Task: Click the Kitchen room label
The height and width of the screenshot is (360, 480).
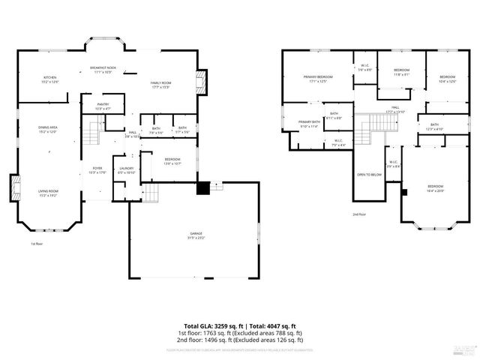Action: click(x=49, y=79)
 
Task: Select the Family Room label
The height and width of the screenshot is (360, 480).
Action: click(x=160, y=84)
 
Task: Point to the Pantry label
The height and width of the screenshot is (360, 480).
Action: click(x=103, y=106)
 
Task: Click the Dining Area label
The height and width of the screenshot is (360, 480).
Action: click(x=49, y=129)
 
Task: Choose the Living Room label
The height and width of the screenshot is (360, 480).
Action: click(x=48, y=193)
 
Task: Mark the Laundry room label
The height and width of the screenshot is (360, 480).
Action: click(x=126, y=170)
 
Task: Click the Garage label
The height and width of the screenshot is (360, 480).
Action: click(x=196, y=236)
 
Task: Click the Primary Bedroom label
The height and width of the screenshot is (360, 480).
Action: click(x=318, y=79)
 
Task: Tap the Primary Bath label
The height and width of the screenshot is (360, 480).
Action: click(x=309, y=124)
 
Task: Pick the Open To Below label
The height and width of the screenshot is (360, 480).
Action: click(x=370, y=175)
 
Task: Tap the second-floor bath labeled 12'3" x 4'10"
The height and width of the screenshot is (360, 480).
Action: click(x=435, y=126)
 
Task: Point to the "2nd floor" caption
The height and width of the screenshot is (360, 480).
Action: click(x=359, y=214)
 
